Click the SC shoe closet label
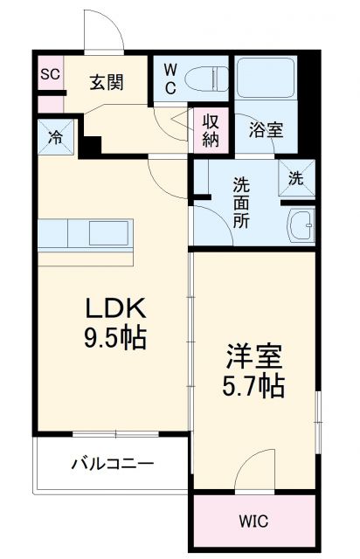tap(49, 74)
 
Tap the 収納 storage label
tap(211, 128)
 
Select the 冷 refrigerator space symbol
tap(54, 137)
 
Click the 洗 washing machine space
tap(296, 178)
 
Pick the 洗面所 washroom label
tap(240, 203)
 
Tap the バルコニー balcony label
tap(112, 464)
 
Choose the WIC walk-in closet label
tap(253, 521)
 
